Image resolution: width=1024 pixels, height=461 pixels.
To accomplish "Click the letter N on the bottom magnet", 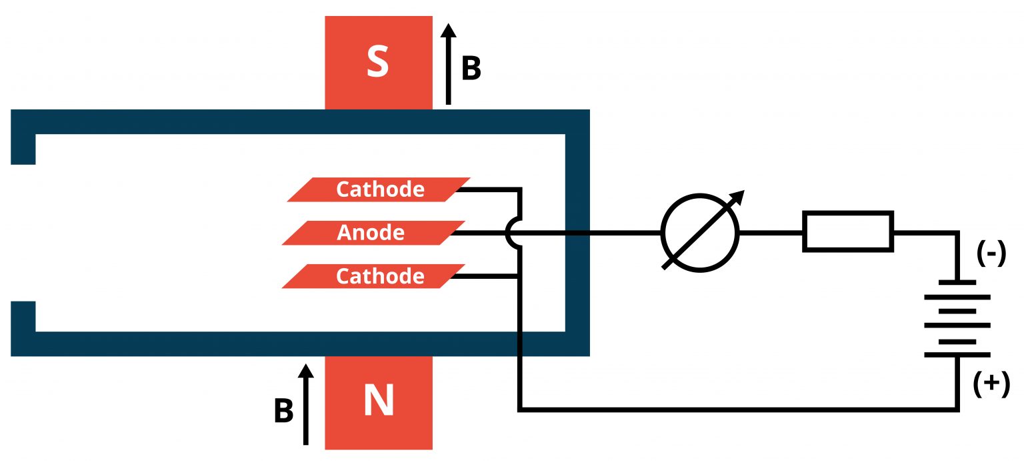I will [377, 402].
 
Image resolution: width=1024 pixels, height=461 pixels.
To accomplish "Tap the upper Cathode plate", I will [379, 189].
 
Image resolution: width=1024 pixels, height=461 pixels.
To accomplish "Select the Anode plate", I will [371, 233].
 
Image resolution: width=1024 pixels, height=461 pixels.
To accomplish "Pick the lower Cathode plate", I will [373, 276].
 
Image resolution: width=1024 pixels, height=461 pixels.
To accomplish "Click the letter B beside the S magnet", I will [471, 69].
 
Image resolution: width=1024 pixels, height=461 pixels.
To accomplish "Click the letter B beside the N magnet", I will [283, 412].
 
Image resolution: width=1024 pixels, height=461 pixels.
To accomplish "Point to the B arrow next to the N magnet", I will [305, 404].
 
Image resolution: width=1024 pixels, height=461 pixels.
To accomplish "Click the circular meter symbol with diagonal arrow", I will [700, 233].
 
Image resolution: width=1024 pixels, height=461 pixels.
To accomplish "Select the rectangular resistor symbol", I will [847, 232].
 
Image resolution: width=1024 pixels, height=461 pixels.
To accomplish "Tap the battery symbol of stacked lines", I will [957, 318].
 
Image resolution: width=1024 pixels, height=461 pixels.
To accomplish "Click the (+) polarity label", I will [991, 385].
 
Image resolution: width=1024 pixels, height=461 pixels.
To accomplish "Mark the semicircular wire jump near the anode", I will [511, 233].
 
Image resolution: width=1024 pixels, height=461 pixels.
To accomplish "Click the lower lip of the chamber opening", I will [23, 317].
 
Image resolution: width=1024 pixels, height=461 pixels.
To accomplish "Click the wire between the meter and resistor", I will [771, 233].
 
